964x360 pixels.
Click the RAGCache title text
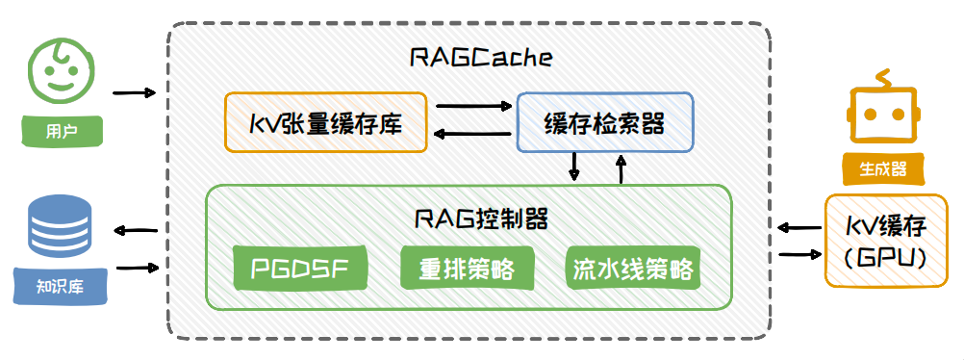(481, 57)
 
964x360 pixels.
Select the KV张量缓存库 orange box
(325, 122)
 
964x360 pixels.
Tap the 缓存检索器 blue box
(605, 122)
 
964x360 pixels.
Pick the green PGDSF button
(299, 268)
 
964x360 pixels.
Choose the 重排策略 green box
(467, 268)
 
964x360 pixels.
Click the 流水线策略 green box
(633, 269)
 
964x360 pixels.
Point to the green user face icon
(62, 70)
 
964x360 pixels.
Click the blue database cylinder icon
(61, 230)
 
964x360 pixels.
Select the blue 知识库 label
(61, 286)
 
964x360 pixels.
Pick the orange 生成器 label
(884, 168)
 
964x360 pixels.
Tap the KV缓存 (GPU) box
(885, 242)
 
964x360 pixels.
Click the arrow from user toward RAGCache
(135, 93)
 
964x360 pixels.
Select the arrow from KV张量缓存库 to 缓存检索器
(473, 106)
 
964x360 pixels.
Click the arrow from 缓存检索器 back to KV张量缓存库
(472, 134)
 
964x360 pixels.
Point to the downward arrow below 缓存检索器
(574, 167)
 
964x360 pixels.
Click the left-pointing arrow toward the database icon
(136, 231)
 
